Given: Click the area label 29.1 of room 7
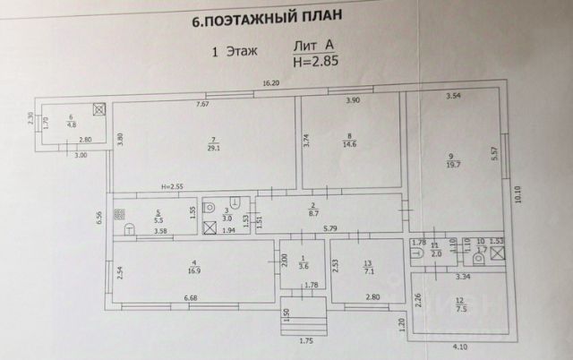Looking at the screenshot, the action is click(211, 149).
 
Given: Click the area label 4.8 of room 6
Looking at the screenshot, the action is click(71, 124).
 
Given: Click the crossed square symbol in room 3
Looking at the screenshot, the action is click(210, 227).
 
